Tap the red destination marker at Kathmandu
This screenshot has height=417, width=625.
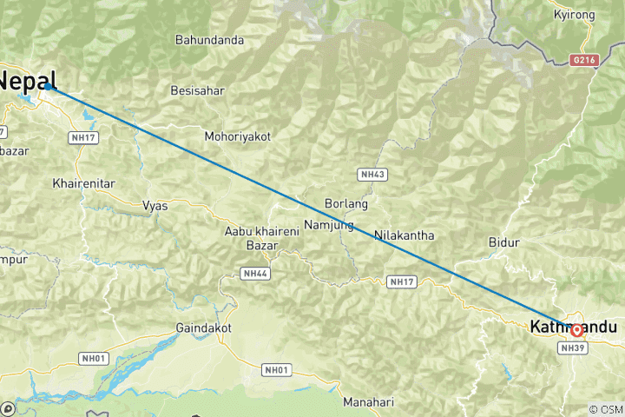576,330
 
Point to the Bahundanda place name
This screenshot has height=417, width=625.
209,40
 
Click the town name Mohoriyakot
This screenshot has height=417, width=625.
238,136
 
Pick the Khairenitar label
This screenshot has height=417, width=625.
84,184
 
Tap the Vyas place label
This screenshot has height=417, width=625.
155,206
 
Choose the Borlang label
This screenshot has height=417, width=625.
345,203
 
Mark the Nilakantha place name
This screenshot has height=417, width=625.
404,235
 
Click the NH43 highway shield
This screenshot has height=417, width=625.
372,175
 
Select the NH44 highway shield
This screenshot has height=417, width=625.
253,273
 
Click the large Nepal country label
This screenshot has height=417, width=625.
28,81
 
